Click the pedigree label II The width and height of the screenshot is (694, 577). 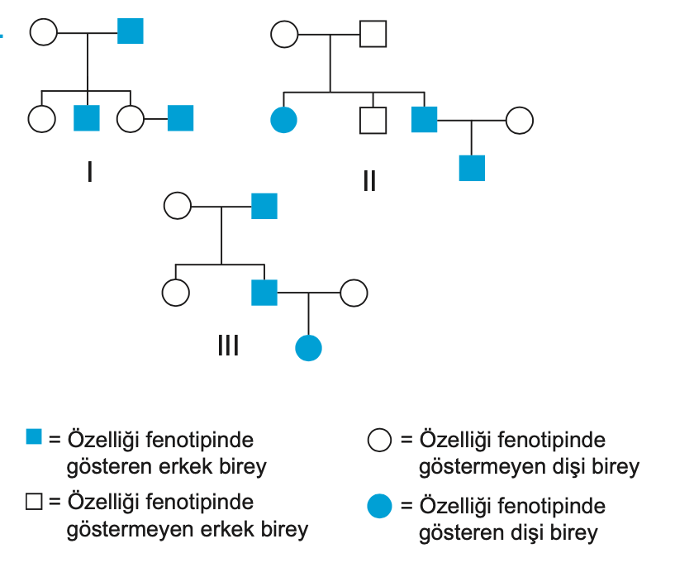click(368, 179)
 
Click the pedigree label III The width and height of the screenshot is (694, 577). click(228, 345)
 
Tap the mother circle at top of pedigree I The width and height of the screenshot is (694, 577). click(43, 32)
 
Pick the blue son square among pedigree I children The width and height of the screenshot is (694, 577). click(87, 118)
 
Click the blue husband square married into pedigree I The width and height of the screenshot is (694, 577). click(180, 118)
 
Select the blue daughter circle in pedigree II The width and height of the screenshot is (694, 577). click(283, 121)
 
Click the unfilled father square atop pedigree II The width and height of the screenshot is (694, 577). click(373, 34)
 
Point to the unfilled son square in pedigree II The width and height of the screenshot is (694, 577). click(373, 121)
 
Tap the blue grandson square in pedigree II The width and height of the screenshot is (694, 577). click(472, 168)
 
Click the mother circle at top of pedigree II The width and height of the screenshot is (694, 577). click(284, 34)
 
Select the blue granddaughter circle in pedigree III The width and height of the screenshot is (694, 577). click(308, 348)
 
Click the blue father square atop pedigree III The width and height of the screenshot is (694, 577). click(264, 205)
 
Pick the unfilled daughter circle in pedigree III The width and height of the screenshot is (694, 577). click(176, 292)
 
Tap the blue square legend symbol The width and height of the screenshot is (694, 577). click(34, 436)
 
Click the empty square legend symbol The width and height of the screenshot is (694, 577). click(34, 500)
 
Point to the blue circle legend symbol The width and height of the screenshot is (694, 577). click(379, 505)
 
